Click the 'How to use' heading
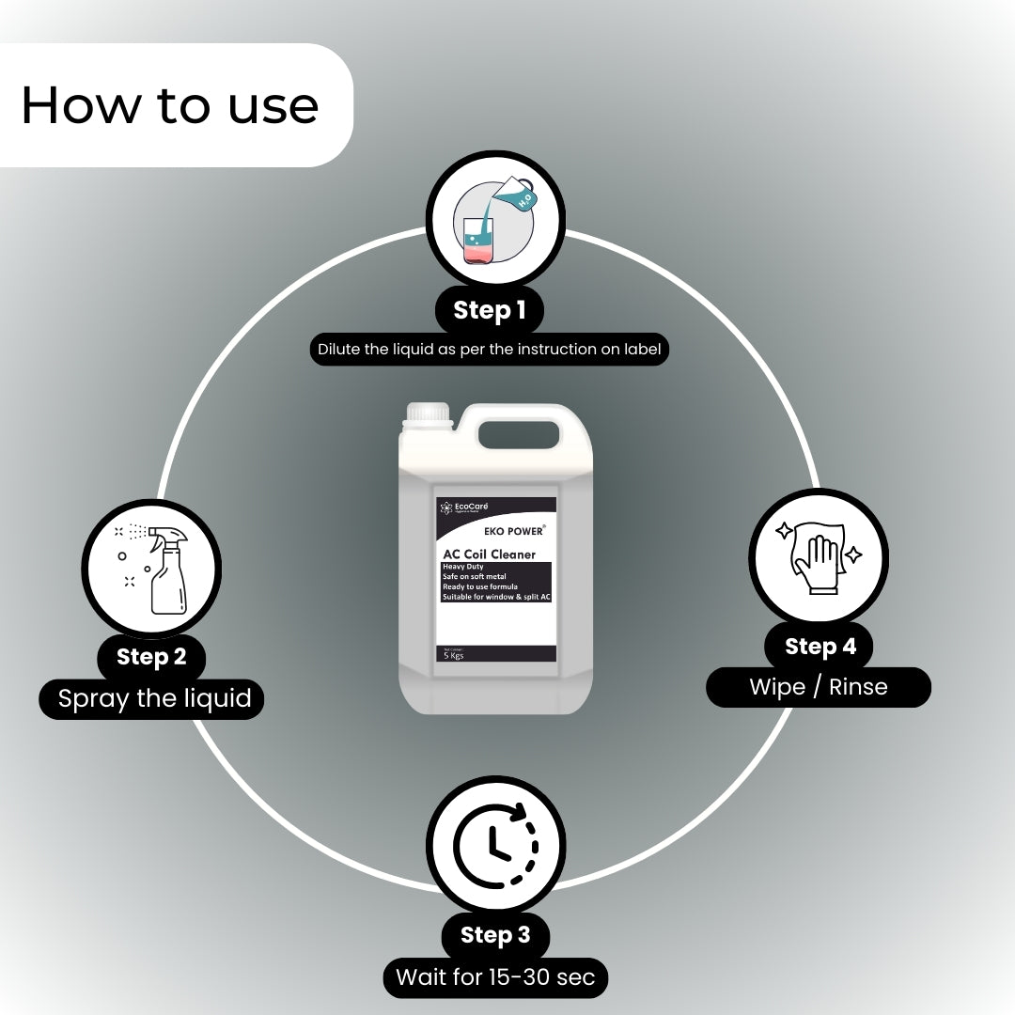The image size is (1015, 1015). pyautogui.click(x=169, y=105)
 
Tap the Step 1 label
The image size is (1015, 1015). pyautogui.click(x=489, y=310)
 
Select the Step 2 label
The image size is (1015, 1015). pyautogui.click(x=151, y=656)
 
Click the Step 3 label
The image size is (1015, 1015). pyautogui.click(x=495, y=935)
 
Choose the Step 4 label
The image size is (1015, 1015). pyautogui.click(x=820, y=647)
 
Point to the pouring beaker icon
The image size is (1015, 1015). pyautogui.click(x=495, y=223)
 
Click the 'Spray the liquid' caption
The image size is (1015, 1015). pyautogui.click(x=155, y=698)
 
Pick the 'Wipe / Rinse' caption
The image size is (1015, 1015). pyautogui.click(x=819, y=687)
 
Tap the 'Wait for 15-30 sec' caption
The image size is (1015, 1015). pyautogui.click(x=495, y=976)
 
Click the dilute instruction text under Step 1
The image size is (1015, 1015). pyautogui.click(x=489, y=350)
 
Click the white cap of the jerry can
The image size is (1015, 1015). pyautogui.click(x=429, y=414)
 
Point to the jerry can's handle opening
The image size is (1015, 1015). pyautogui.click(x=518, y=432)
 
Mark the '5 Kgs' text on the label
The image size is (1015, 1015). pyautogui.click(x=454, y=656)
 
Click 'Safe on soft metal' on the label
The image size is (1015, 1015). pyautogui.click(x=474, y=576)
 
